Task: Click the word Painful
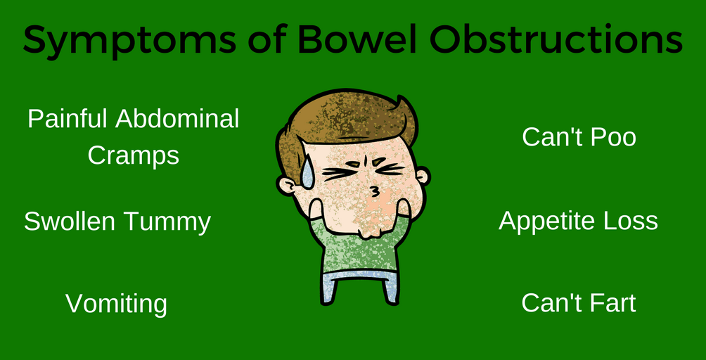click(x=68, y=120)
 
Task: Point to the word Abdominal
click(x=177, y=120)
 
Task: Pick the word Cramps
click(x=134, y=156)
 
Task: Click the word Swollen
click(x=70, y=221)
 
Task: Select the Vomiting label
click(x=117, y=304)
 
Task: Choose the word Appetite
click(x=549, y=222)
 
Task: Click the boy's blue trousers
click(x=359, y=285)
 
